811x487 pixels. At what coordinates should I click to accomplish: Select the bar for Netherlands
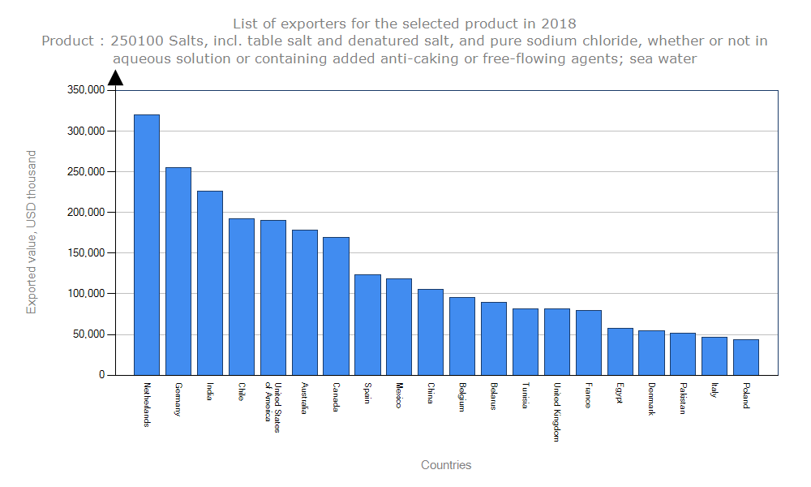[x=147, y=244]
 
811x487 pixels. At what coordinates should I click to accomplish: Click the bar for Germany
[x=178, y=271]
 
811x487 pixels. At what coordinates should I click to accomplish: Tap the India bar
[x=210, y=282]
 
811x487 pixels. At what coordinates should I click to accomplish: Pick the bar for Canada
[x=336, y=306]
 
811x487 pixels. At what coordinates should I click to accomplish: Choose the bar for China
[x=431, y=332]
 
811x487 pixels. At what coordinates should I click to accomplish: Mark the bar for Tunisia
[x=526, y=342]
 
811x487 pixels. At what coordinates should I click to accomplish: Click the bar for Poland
[x=746, y=357]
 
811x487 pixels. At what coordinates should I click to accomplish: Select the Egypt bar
[x=620, y=351]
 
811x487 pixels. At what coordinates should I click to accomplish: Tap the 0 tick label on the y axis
[x=101, y=375]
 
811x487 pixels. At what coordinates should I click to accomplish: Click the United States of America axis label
[x=272, y=407]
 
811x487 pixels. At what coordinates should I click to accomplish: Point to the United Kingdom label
[x=556, y=412]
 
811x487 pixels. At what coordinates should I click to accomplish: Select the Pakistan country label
[x=683, y=399]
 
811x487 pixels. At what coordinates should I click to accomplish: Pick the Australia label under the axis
[x=304, y=399]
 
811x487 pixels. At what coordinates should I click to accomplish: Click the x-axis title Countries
[x=446, y=465]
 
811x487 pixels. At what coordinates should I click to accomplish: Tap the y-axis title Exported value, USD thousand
[x=32, y=232]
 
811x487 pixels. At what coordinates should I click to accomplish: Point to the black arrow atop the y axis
[x=115, y=77]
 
